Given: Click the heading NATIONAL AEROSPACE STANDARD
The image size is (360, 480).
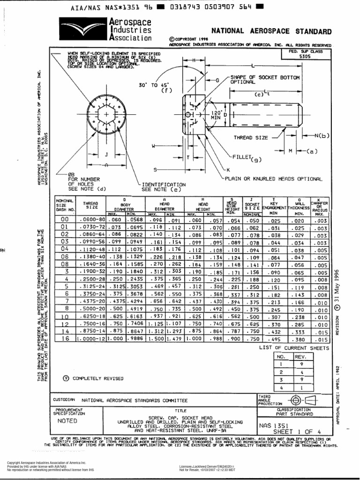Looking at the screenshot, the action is [x=271, y=31].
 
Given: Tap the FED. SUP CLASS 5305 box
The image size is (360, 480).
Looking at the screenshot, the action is [x=305, y=53].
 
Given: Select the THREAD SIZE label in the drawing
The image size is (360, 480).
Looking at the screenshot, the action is [x=251, y=138].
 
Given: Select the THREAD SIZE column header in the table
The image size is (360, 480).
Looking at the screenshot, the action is [x=90, y=205].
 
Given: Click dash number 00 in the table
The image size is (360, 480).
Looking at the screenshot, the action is [x=65, y=219].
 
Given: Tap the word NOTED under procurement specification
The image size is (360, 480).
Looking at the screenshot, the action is [x=67, y=421].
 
